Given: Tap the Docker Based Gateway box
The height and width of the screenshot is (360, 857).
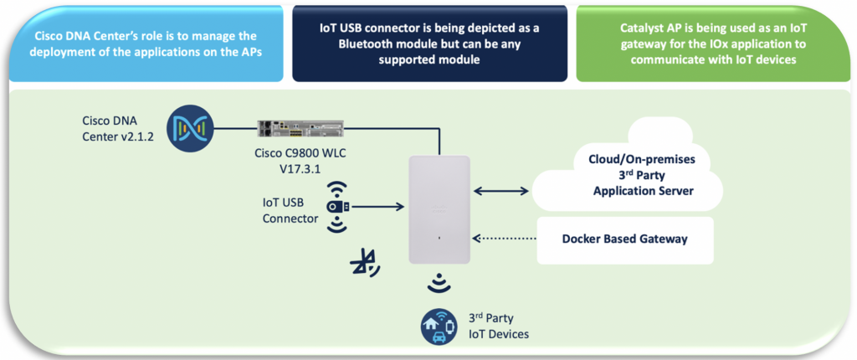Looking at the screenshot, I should pos(624,239).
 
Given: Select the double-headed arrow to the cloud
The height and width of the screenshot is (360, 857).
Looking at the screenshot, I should pos(503,191).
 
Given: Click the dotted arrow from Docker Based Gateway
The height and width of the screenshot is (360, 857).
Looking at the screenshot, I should pos(503,239).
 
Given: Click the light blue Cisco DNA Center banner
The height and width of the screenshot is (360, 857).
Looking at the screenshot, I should pos(146,44).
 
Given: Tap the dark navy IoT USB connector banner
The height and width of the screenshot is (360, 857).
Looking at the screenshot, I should pos(428,44).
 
